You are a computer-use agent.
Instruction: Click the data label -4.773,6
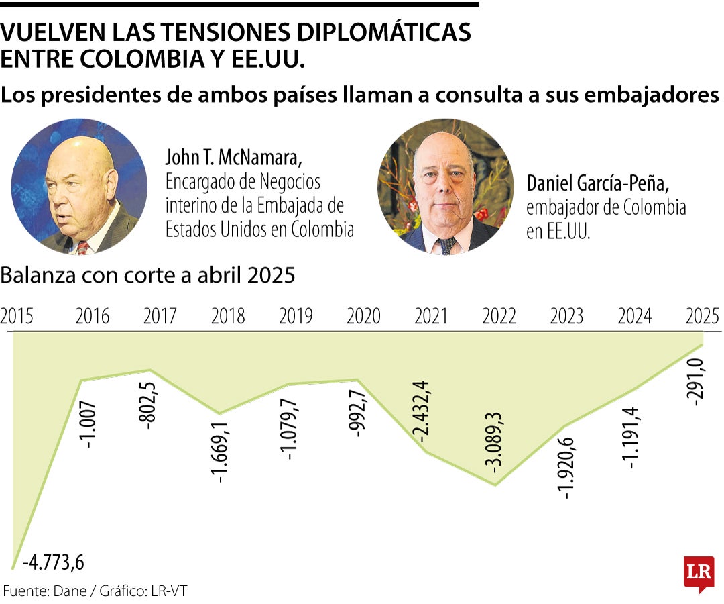tap(54, 562)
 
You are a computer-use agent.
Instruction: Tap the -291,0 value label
tap(695, 383)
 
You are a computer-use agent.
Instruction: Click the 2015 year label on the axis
tap(17, 315)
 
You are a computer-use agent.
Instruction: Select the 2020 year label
tap(363, 315)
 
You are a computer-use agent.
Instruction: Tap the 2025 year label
tap(703, 315)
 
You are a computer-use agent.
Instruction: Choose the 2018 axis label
tap(228, 315)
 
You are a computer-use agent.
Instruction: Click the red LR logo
tap(698, 572)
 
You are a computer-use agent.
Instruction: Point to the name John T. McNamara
tap(234, 158)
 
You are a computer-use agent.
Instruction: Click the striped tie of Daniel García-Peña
tap(445, 245)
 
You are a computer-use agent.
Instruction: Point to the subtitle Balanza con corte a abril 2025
tap(148, 276)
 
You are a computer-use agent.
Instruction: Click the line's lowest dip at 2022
tap(495, 485)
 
